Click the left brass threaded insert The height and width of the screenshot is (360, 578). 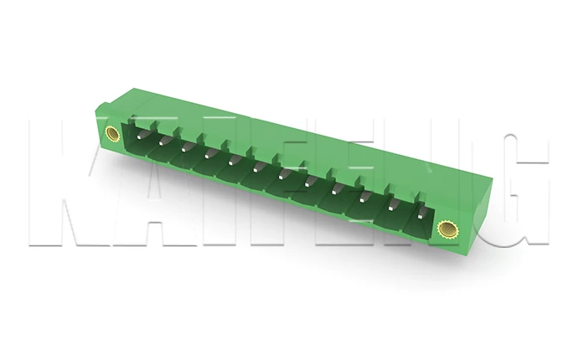click(x=112, y=131)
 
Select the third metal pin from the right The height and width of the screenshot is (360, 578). click(x=362, y=199)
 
